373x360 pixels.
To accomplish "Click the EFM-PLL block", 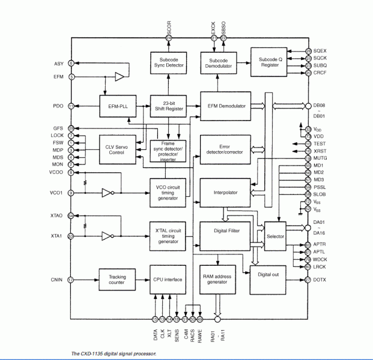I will (116, 106).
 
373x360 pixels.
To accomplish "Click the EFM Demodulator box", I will (226, 106).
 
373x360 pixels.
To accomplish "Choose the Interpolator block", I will (226, 193).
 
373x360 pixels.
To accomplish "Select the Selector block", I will (276, 236).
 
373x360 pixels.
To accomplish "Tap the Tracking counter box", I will (117, 280).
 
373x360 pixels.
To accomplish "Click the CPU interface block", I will (168, 280).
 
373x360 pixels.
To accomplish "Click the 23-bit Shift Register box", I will (168, 106).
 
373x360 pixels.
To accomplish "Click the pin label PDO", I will (58, 106).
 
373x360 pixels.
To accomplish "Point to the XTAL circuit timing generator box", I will (168, 234).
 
